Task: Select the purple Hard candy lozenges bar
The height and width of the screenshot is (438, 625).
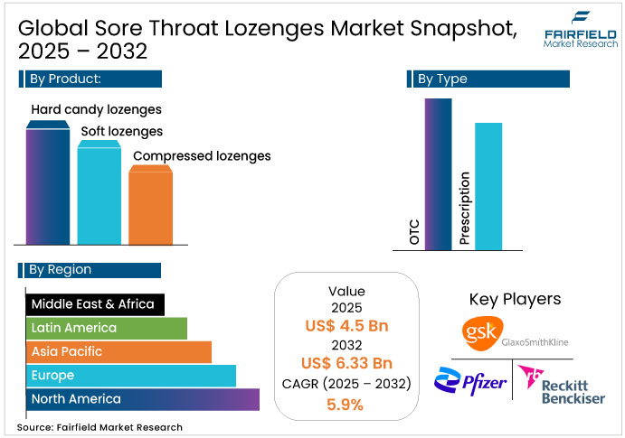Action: [x=46, y=185]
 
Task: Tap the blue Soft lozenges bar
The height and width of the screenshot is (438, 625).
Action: [x=98, y=191]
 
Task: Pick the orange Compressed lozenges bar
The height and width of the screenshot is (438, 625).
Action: [x=149, y=205]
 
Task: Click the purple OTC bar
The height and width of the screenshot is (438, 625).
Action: [x=438, y=173]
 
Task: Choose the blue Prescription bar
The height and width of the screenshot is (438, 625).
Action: [x=488, y=185]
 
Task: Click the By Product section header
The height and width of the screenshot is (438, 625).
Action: [x=90, y=79]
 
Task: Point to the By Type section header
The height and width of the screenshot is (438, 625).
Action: [x=488, y=79]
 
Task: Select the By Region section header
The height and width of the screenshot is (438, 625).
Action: [x=90, y=269]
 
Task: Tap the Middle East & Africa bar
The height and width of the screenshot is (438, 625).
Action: [x=95, y=304]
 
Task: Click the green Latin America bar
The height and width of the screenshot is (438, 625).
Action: [x=107, y=328]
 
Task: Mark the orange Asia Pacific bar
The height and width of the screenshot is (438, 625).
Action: [x=118, y=351]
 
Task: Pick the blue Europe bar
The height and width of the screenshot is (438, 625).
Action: [x=131, y=375]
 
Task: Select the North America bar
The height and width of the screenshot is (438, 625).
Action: [x=143, y=398]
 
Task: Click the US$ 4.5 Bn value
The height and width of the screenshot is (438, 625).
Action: [x=346, y=326]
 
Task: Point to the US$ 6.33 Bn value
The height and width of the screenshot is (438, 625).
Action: [x=346, y=364]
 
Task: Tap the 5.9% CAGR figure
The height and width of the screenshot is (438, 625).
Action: [x=346, y=404]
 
